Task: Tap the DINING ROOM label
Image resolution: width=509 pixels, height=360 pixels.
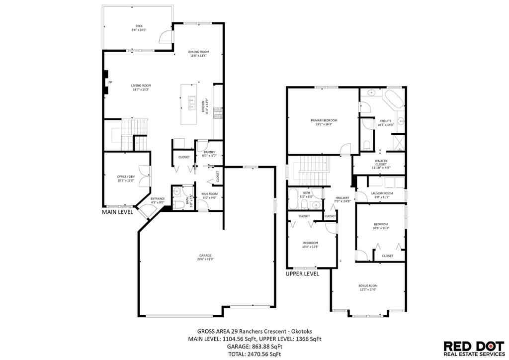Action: click(198, 52)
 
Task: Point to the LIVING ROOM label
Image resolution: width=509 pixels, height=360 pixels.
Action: click(141, 86)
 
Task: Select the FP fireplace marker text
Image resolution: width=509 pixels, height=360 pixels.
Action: click(110, 82)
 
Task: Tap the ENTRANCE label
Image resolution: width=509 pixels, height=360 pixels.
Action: click(158, 199)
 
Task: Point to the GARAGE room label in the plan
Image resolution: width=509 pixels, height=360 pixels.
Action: click(205, 256)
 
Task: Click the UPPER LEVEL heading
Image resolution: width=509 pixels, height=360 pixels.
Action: click(302, 273)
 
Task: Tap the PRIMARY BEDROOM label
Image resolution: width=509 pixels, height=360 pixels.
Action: click(324, 120)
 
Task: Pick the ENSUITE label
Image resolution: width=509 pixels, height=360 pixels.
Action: click(386, 121)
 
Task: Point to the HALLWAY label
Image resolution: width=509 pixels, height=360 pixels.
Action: click(342, 198)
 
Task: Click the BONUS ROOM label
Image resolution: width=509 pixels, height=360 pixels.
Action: click(368, 285)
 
